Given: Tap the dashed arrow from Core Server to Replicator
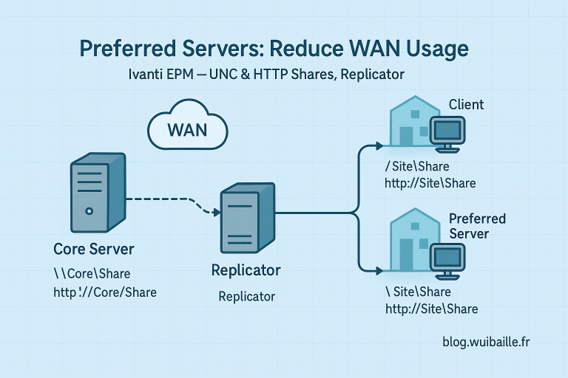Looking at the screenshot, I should (x=170, y=201).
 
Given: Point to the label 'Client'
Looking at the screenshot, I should (x=466, y=104).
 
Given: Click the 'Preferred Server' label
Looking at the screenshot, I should (x=477, y=226).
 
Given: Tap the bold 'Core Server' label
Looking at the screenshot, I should (x=94, y=248).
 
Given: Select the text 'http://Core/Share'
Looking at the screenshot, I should (x=105, y=292).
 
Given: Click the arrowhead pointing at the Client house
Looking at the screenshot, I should (x=385, y=145).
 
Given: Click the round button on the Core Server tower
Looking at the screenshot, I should (x=88, y=210).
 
